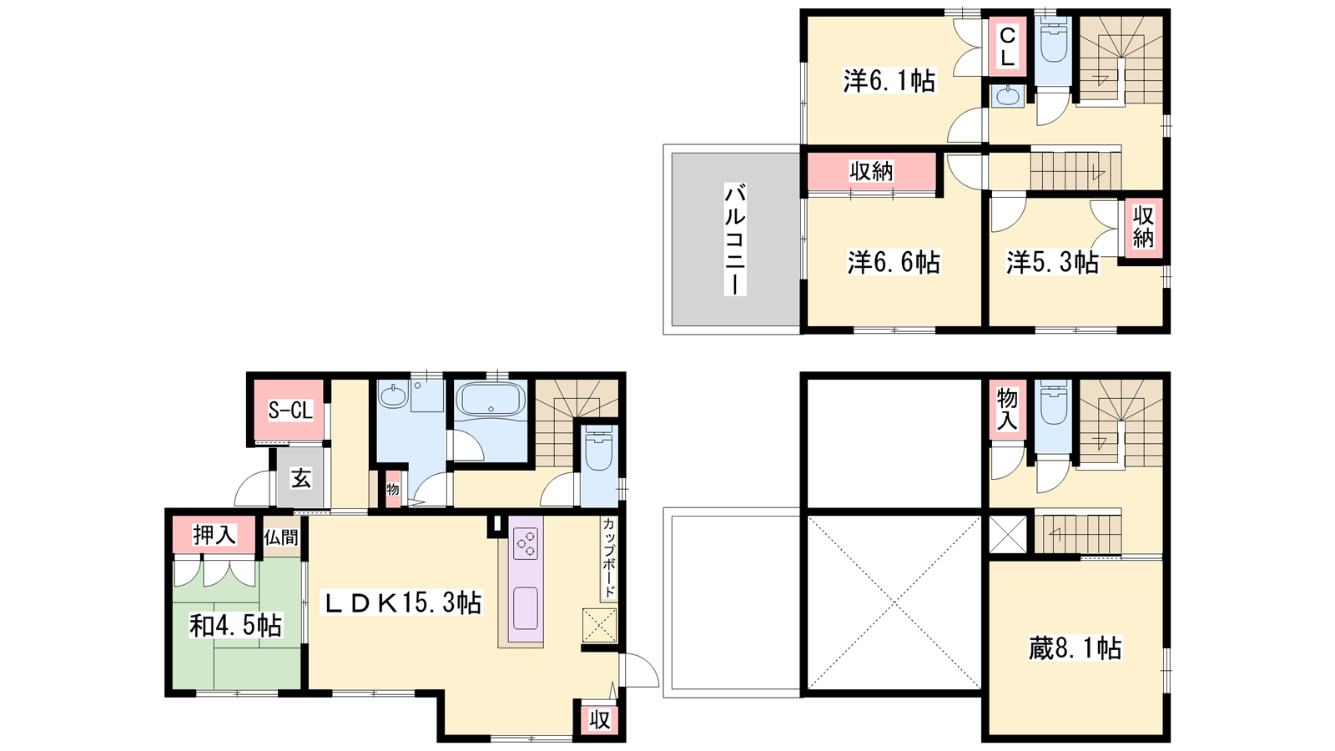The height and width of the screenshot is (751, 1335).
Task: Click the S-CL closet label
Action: [x=290, y=410]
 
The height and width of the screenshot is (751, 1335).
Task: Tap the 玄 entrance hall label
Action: [x=301, y=478]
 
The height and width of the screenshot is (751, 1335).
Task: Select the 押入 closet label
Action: [x=214, y=535]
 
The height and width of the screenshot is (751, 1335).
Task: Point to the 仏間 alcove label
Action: [x=281, y=537]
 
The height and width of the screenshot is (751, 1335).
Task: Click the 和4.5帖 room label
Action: [x=235, y=625]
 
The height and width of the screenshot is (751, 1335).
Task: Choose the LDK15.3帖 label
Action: [x=401, y=602]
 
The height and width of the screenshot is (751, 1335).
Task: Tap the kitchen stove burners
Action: [x=526, y=543]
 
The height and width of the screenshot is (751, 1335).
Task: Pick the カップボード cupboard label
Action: [x=609, y=558]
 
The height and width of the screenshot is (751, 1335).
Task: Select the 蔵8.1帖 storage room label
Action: [x=1076, y=648]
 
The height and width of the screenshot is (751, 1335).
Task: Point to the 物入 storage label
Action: [x=1007, y=409]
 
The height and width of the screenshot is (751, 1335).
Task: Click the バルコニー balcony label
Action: [x=735, y=239]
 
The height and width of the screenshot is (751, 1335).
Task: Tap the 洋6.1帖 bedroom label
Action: [x=889, y=80]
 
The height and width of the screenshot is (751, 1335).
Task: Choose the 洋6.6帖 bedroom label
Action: [x=894, y=262]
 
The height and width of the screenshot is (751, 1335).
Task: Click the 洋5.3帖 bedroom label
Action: [x=1053, y=262]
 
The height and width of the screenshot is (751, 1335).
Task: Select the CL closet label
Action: [x=1007, y=47]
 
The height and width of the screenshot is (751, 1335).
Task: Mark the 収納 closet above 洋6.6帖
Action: [x=871, y=172]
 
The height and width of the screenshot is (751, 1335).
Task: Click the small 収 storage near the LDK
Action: [x=600, y=720]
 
